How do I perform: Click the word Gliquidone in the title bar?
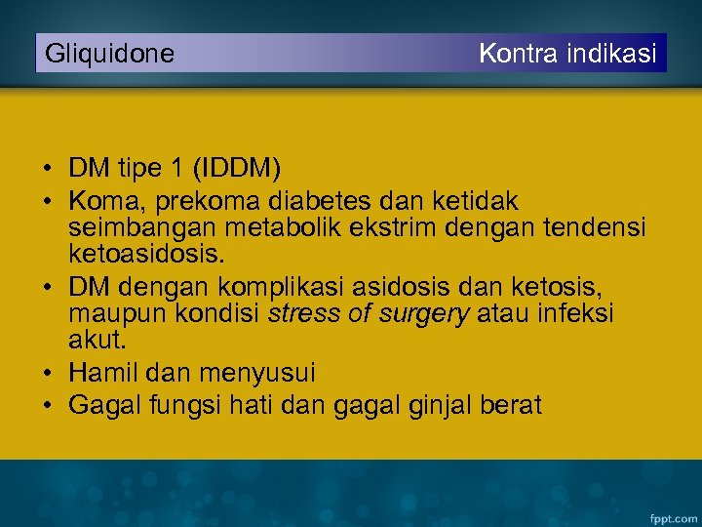tap(110, 54)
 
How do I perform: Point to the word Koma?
tap(101, 200)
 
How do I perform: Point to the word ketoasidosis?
tap(146, 256)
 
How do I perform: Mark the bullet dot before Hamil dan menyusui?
tap(48, 373)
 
